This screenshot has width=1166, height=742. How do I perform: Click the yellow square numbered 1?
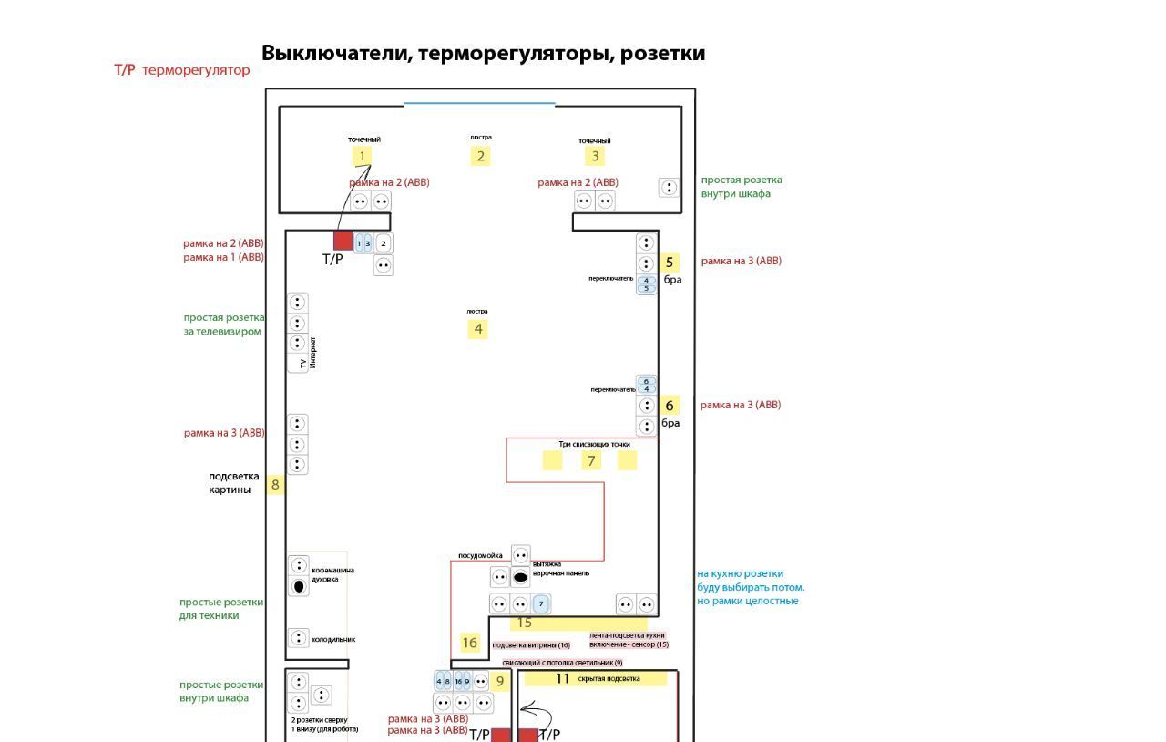pyautogui.click(x=362, y=156)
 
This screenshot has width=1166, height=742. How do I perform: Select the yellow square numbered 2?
pyautogui.click(x=480, y=156)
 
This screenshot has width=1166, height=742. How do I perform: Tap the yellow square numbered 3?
pyautogui.click(x=596, y=156)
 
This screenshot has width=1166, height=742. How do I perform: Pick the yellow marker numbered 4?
pyautogui.click(x=477, y=329)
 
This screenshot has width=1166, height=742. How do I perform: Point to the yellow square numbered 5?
pyautogui.click(x=669, y=263)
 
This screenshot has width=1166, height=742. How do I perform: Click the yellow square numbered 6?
pyautogui.click(x=670, y=406)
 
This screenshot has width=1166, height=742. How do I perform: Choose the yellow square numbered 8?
pyautogui.click(x=275, y=485)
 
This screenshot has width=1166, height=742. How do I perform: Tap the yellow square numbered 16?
pyautogui.click(x=470, y=643)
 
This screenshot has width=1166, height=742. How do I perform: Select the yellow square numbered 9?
pyautogui.click(x=499, y=681)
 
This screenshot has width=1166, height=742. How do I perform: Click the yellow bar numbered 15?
pyautogui.click(x=565, y=623)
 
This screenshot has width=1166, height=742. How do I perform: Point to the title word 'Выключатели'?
pyautogui.click(x=336, y=53)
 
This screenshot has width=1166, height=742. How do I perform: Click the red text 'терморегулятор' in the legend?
pyautogui.click(x=196, y=70)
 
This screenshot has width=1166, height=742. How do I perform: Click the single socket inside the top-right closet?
pyautogui.click(x=670, y=188)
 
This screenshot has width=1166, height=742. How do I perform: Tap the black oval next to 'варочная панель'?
pyautogui.click(x=520, y=577)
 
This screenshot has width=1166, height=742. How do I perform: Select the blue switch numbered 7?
pyautogui.click(x=541, y=603)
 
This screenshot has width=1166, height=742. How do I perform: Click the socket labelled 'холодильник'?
pyautogui.click(x=298, y=638)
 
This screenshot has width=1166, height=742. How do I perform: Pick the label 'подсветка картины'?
pyautogui.click(x=234, y=483)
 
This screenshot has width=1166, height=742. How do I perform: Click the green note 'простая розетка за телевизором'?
pyautogui.click(x=224, y=325)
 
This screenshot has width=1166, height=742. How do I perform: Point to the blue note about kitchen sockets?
pyautogui.click(x=751, y=587)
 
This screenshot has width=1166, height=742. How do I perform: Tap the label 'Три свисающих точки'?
pyautogui.click(x=594, y=445)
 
